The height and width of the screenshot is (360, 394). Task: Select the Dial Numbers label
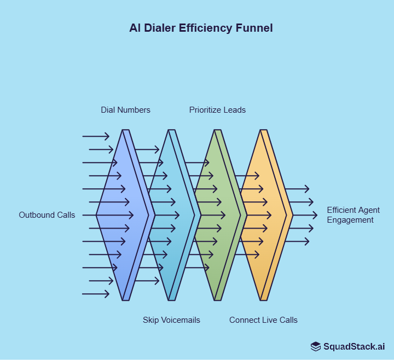tap(125, 110)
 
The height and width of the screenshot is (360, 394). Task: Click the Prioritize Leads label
tap(217, 110)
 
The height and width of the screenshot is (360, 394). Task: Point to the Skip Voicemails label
tap(171, 320)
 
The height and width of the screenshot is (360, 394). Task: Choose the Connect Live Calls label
tap(263, 320)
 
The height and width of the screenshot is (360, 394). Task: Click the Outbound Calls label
tap(47, 215)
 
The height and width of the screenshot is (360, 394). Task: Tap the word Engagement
tap(350, 220)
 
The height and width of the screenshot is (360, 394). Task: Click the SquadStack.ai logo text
tap(354, 346)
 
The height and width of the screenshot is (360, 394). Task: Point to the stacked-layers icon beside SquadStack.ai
tap(316, 346)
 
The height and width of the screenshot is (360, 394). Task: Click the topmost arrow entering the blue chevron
tap(96, 136)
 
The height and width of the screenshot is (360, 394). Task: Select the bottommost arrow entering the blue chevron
tap(96, 294)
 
